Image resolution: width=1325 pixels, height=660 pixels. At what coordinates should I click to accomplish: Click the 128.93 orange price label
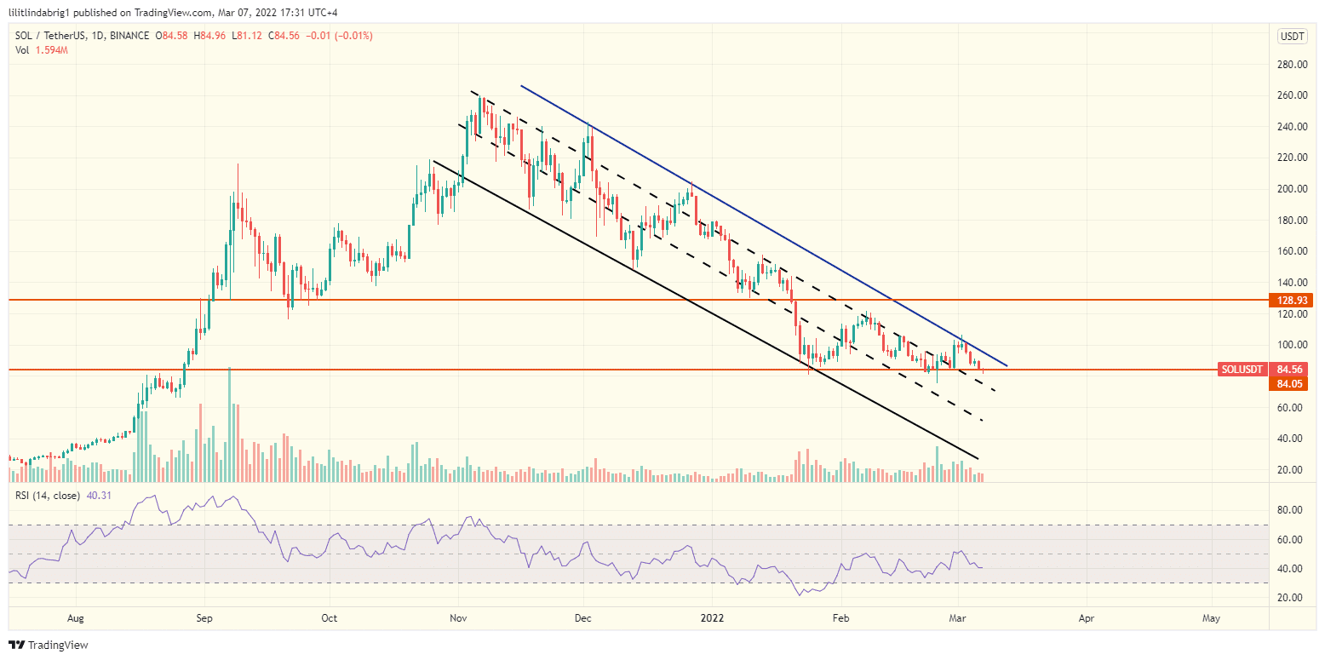(1293, 301)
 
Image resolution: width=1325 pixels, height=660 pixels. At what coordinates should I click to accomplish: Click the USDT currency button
(1293, 36)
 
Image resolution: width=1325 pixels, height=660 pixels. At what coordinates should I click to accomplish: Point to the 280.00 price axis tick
(1291, 65)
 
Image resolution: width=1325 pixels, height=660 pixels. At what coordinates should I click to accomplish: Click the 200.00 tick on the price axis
(1291, 189)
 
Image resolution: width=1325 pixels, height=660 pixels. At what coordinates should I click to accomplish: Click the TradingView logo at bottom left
(49, 645)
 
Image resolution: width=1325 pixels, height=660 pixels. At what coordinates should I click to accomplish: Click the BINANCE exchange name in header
(129, 36)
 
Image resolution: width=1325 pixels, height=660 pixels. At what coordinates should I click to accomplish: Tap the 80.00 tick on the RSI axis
(1291, 510)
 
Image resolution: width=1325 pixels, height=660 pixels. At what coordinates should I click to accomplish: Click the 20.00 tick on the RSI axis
(1291, 598)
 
